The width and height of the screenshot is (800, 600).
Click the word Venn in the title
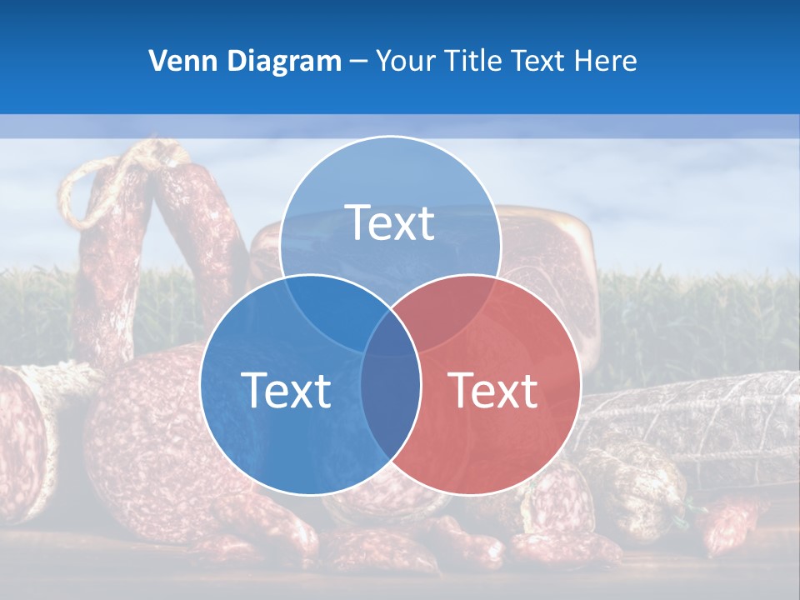[179, 61]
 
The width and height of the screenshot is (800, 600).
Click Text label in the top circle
[389, 222]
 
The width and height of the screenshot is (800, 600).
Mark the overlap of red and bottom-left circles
[391, 400]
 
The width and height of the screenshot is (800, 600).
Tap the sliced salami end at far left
[21, 433]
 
